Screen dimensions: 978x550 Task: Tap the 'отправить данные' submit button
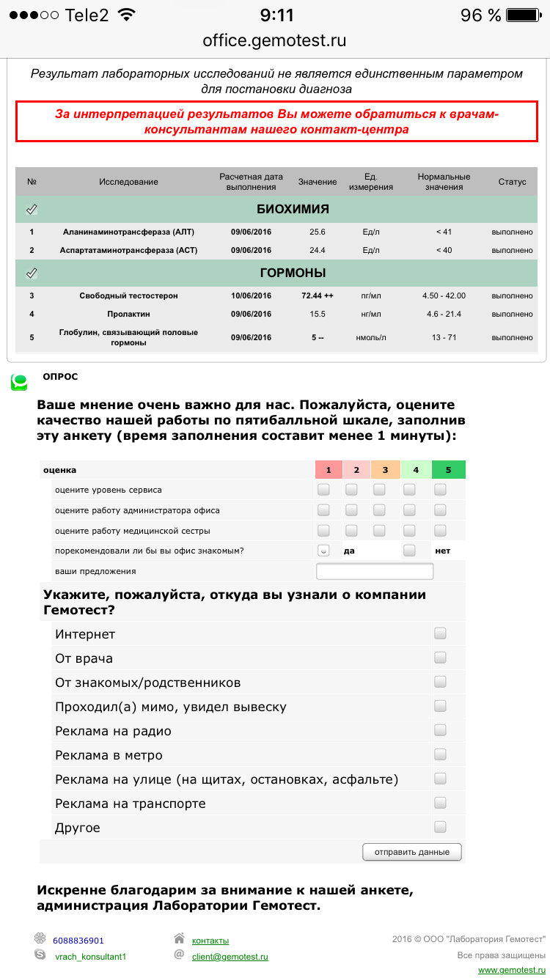click(x=411, y=852)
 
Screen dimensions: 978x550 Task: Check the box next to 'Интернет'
click(x=440, y=633)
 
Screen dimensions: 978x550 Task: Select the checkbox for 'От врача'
click(x=440, y=658)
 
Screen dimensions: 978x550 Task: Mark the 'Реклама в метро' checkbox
click(x=440, y=754)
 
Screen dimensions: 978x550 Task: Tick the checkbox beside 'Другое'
click(x=440, y=827)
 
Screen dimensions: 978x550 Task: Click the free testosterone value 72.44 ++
click(x=317, y=295)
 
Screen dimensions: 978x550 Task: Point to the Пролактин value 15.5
click(x=317, y=314)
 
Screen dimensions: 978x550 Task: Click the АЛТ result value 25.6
click(x=317, y=232)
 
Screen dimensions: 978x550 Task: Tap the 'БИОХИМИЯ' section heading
click(x=293, y=209)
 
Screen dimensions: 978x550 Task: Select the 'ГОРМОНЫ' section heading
click(x=293, y=273)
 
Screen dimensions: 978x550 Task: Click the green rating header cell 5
click(x=448, y=470)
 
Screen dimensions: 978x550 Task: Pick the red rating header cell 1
click(x=329, y=470)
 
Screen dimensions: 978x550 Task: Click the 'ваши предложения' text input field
click(x=375, y=572)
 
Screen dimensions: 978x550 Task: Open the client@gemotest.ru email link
click(x=230, y=957)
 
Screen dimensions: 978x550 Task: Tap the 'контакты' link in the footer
click(x=210, y=941)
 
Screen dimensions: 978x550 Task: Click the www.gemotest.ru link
click(x=512, y=970)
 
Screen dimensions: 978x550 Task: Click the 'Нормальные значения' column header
click(x=444, y=182)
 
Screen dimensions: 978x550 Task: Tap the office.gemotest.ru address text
click(x=274, y=41)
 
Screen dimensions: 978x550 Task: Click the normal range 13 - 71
click(x=444, y=337)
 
